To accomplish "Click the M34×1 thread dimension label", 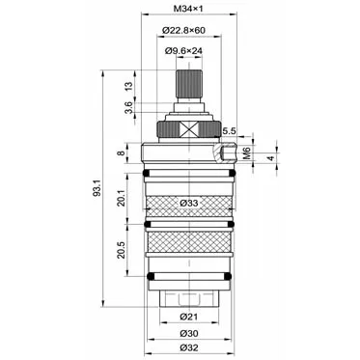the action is (x=188, y=9).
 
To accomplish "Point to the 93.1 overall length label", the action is (x=97, y=188).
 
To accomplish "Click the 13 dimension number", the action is (x=128, y=86).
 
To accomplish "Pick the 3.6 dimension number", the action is (x=128, y=107).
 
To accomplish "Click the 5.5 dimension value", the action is (x=230, y=131).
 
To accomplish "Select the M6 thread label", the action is (x=247, y=152).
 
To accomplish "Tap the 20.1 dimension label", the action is (x=121, y=198).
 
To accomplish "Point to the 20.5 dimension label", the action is (x=121, y=250).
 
